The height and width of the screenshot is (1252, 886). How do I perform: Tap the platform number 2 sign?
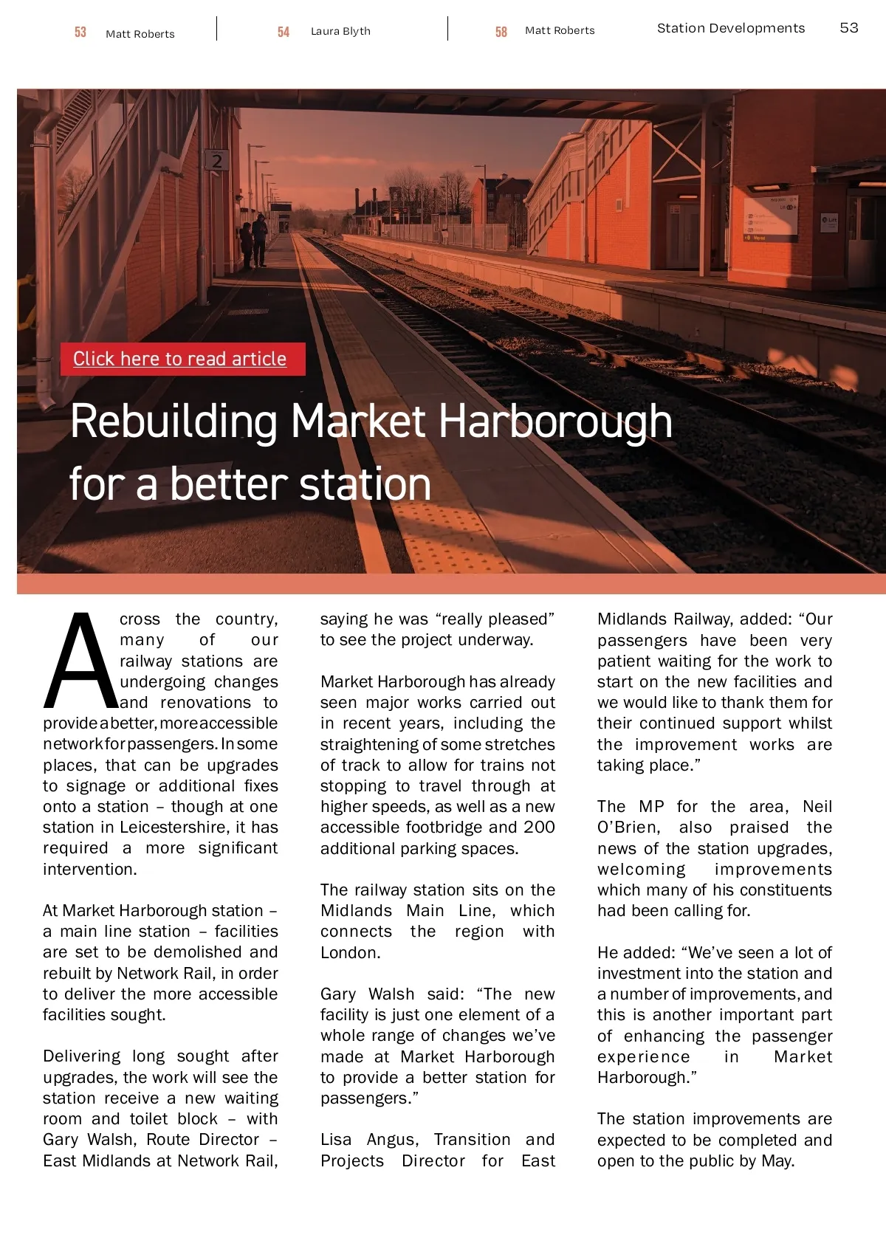(x=216, y=160)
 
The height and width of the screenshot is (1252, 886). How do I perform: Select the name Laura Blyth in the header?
(x=340, y=31)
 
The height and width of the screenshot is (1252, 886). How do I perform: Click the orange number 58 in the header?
(x=501, y=32)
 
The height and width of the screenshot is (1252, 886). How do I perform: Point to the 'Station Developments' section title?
(x=730, y=28)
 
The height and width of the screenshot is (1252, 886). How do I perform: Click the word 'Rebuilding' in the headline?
(x=174, y=422)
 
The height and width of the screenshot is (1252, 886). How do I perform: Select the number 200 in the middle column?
(x=539, y=828)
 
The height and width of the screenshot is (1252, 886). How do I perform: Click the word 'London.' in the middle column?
(x=350, y=952)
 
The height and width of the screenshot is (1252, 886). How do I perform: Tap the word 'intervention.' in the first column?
(x=90, y=869)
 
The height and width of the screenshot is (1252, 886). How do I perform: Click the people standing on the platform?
(x=253, y=240)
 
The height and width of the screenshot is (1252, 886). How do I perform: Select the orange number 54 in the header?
(x=284, y=32)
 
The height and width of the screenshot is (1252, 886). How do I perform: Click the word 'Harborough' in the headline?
(x=555, y=422)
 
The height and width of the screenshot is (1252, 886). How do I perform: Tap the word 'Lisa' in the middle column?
(x=336, y=1140)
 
